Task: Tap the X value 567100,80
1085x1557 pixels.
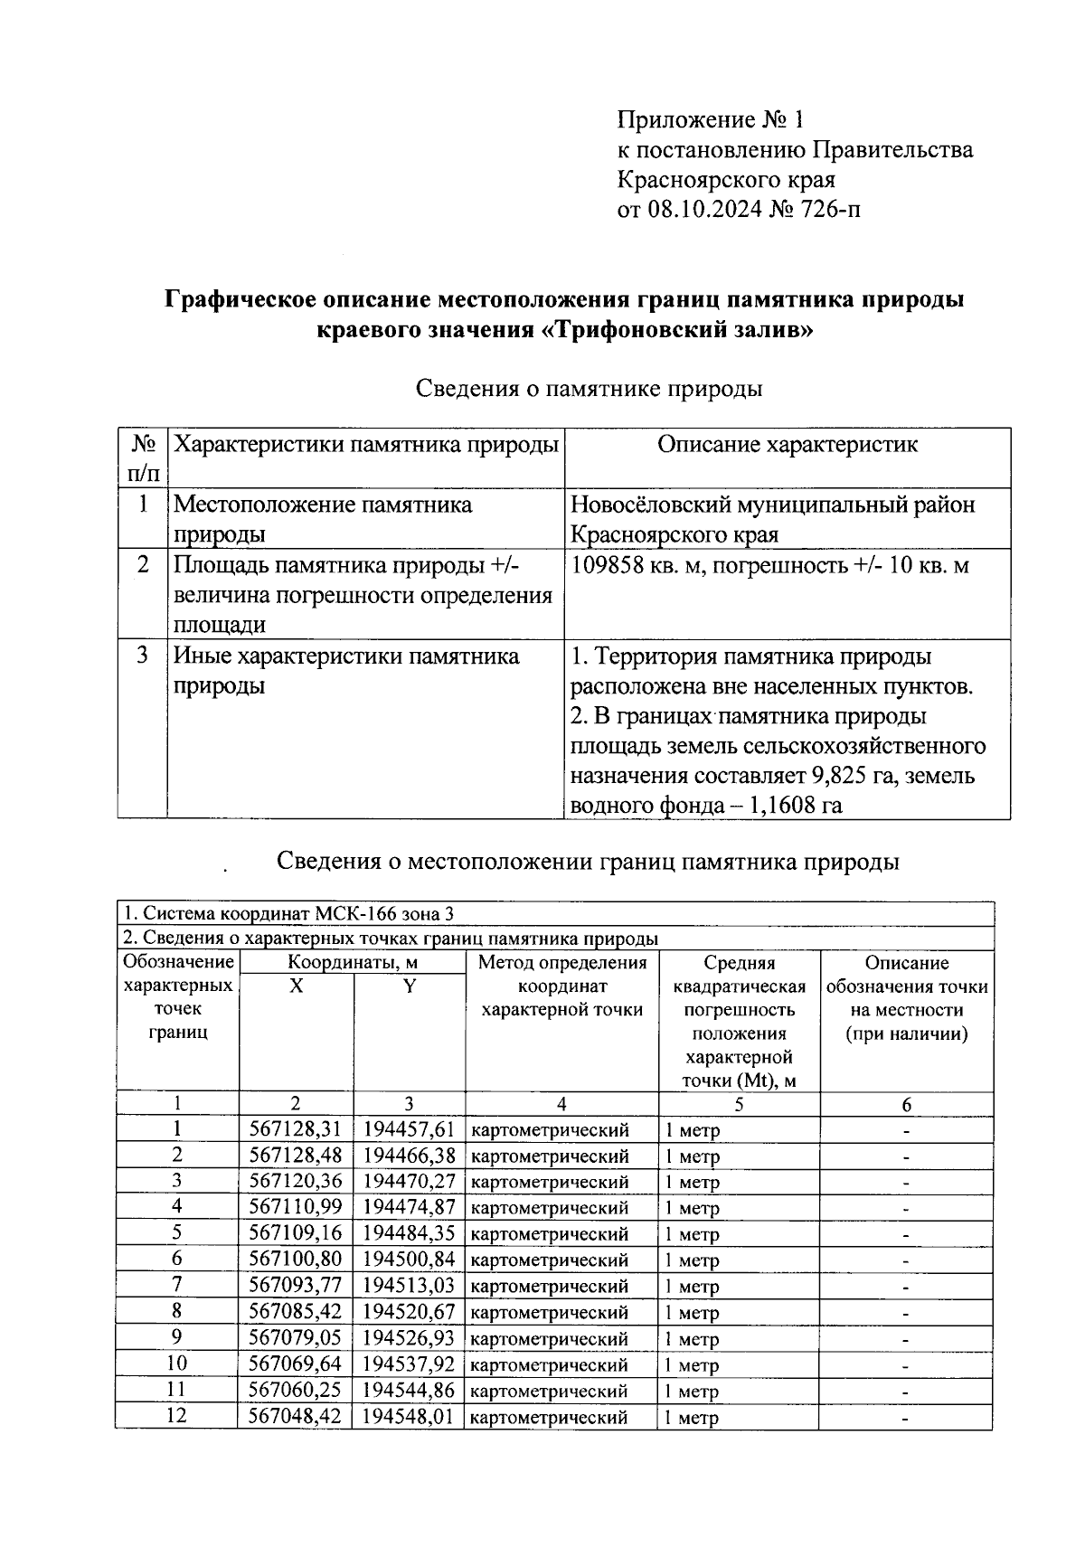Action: (296, 1260)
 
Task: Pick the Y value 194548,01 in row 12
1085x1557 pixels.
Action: (408, 1416)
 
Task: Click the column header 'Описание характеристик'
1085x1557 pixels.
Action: (787, 445)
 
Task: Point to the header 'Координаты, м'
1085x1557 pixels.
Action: (353, 963)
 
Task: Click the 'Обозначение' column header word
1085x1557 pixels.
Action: (178, 963)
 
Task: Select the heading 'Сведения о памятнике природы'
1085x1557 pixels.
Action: (589, 389)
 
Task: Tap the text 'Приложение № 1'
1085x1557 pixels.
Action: (710, 119)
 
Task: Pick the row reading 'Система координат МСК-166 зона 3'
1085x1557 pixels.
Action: (294, 913)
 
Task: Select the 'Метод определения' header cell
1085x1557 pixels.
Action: (562, 963)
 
